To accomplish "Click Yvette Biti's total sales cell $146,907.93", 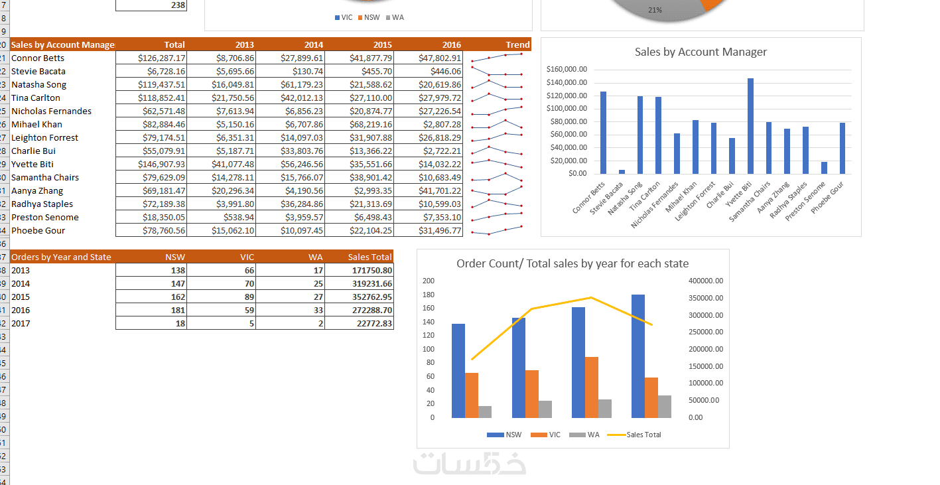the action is click(x=161, y=164).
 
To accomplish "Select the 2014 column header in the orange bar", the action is click(x=314, y=45).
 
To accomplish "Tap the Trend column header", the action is click(x=517, y=45).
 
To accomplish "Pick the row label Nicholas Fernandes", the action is click(x=51, y=111).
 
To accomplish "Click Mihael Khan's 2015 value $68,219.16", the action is click(x=371, y=125).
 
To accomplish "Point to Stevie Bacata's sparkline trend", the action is click(x=497, y=72).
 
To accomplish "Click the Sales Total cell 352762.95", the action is click(x=371, y=297).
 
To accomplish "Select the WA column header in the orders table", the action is click(x=316, y=257).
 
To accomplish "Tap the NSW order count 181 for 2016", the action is click(x=178, y=311).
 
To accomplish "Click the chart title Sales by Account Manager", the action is click(x=701, y=52).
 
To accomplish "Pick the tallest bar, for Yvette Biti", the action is click(x=750, y=126).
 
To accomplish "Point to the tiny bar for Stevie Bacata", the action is click(x=622, y=172).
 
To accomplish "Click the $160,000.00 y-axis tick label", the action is click(x=567, y=69).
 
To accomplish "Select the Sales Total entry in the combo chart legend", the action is click(x=634, y=435).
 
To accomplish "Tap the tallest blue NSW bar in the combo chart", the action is click(x=638, y=356).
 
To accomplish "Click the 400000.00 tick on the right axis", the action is click(x=706, y=281).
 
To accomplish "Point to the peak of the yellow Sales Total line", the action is click(x=591, y=297).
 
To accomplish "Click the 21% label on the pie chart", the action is click(x=655, y=10).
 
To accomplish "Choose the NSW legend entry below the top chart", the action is click(x=369, y=18).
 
